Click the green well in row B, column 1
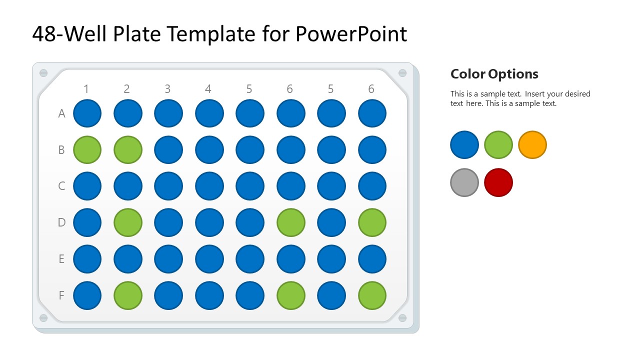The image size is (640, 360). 87,149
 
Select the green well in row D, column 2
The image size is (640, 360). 127,222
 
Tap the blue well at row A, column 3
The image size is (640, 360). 168,113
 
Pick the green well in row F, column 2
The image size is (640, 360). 127,295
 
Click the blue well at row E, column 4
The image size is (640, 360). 209,259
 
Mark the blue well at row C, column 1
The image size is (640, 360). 87,186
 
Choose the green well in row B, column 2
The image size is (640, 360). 127,149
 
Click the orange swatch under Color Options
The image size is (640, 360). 532,145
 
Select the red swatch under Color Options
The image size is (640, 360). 498,182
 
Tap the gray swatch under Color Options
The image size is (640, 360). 464,182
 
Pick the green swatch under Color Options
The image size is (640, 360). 498,145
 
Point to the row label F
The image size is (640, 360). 61,295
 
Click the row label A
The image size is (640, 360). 61,113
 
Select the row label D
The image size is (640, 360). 61,222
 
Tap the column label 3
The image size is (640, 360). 167,89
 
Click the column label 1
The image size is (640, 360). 86,89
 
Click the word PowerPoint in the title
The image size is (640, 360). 351,34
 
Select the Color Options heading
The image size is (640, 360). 494,74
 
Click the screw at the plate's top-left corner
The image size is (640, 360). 43,73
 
